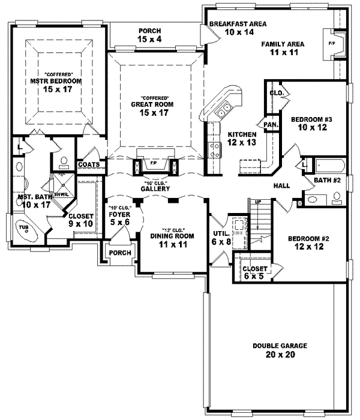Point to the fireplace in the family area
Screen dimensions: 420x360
(x=334, y=45)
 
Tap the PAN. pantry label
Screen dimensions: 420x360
(x=270, y=125)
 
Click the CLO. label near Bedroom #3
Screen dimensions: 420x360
(x=276, y=94)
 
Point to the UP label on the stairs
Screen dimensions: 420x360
(x=259, y=202)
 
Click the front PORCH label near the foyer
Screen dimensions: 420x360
(x=118, y=253)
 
